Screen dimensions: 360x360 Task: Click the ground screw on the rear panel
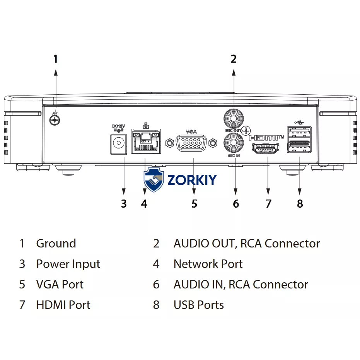click(x=55, y=119)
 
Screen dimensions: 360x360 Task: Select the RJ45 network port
click(x=146, y=142)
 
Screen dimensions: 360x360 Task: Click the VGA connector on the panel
click(x=191, y=143)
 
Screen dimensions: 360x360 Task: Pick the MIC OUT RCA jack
click(x=234, y=118)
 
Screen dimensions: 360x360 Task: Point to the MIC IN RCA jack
click(x=234, y=143)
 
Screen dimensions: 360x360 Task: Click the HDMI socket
click(x=266, y=148)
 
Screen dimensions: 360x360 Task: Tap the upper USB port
click(x=299, y=133)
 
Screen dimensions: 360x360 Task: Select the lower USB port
click(x=299, y=147)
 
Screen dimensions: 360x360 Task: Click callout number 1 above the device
click(x=55, y=59)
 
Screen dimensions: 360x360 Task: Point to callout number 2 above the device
click(x=234, y=59)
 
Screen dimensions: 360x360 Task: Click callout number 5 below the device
click(x=194, y=204)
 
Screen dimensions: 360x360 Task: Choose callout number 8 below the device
click(x=300, y=204)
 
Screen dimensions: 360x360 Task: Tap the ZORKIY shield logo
click(x=154, y=179)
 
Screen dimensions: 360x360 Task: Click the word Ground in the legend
click(x=56, y=243)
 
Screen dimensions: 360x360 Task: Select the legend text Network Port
click(x=208, y=264)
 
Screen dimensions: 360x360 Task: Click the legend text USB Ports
click(x=199, y=305)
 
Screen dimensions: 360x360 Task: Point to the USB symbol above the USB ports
click(x=299, y=123)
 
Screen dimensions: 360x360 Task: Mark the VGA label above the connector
click(x=191, y=131)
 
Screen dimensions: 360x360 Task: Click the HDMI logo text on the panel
click(x=266, y=138)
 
